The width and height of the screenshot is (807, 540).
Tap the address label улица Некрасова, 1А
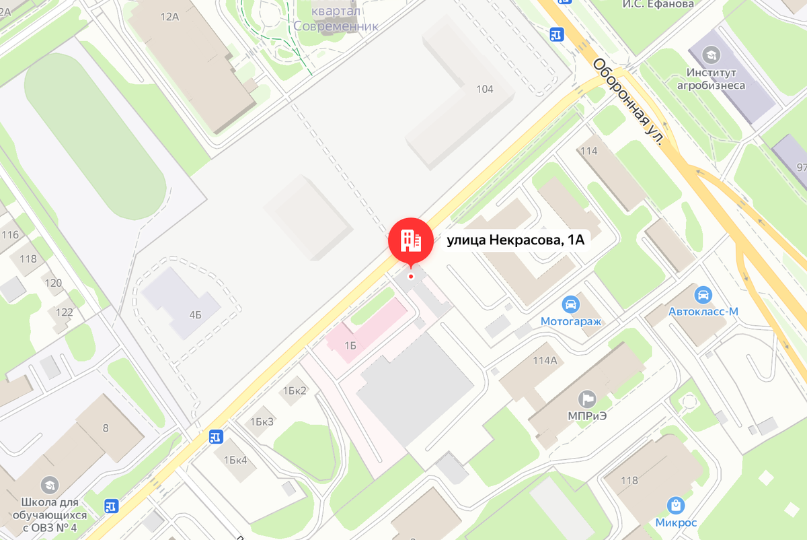click(514, 240)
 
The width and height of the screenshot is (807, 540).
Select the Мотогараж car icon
click(570, 304)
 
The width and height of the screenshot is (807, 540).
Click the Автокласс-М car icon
click(703, 295)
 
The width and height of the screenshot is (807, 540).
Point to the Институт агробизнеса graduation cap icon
click(710, 54)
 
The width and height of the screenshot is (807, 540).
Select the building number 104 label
click(484, 89)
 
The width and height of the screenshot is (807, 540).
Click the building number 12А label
click(169, 17)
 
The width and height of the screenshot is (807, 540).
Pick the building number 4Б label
click(195, 314)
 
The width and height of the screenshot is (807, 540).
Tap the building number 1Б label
click(350, 345)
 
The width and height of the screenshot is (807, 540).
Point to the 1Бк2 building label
click(295, 391)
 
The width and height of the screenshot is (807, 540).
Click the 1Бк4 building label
click(235, 460)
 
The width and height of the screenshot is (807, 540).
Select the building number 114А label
click(545, 360)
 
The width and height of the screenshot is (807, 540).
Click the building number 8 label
click(106, 428)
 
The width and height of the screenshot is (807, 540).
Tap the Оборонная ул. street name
click(628, 102)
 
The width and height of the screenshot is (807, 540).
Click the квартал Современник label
click(336, 19)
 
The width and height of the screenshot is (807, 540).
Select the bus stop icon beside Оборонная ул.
click(556, 34)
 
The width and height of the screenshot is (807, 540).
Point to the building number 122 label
click(65, 312)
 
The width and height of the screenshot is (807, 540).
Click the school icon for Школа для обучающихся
click(49, 484)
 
